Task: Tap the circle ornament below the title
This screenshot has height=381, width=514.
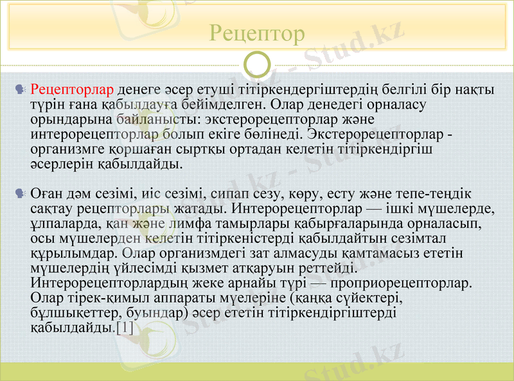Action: click(x=257, y=64)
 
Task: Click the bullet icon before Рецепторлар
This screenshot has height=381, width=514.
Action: click(x=21, y=88)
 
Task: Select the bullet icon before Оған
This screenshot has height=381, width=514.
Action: click(x=21, y=193)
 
